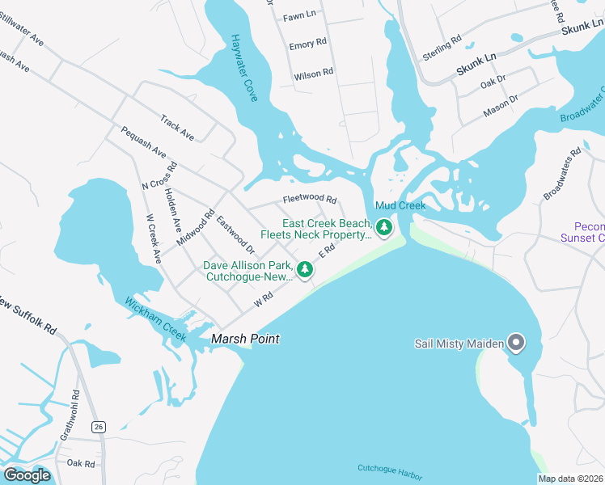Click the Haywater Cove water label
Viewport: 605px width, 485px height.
244,68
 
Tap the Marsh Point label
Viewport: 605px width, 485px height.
245,339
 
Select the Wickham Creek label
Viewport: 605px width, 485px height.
155,318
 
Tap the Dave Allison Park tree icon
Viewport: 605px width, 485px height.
305,270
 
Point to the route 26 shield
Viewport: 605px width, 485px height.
99,426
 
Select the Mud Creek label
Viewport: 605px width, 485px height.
400,206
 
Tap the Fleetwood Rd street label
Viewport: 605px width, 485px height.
309,199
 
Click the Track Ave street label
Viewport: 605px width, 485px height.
177,127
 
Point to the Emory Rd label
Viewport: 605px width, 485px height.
307,45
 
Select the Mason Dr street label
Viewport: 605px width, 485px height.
501,105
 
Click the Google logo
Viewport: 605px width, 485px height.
27,474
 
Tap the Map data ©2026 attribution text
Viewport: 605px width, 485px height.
569,479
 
